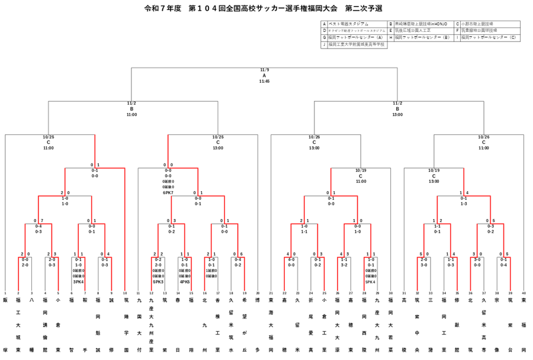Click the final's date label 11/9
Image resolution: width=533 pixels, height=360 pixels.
pyautogui.click(x=264, y=70)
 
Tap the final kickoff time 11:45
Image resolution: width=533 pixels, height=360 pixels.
pyautogui.click(x=264, y=81)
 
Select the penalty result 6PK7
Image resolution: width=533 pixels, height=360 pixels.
pyautogui.click(x=168, y=192)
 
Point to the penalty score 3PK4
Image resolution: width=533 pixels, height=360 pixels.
pyautogui.click(x=78, y=281)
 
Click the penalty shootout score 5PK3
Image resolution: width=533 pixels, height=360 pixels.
pyautogui.click(x=158, y=281)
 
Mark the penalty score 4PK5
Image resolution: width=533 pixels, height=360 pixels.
pyautogui.click(x=185, y=281)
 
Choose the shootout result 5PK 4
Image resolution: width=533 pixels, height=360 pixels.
pyautogui.click(x=371, y=281)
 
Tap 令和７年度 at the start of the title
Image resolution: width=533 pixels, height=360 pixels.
pyautogui.click(x=162, y=8)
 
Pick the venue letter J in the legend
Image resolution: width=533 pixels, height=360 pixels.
pyautogui.click(x=325, y=44)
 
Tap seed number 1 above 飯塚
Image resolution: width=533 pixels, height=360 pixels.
pyautogui.click(x=5, y=293)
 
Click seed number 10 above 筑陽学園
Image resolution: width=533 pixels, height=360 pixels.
pyautogui.click(x=124, y=293)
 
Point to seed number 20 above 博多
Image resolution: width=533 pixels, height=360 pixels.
pyautogui.click(x=258, y=293)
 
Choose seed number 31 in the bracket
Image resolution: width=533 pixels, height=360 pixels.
pyautogui.click(x=404, y=293)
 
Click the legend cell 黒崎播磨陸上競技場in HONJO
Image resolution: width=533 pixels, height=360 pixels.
pyautogui.click(x=421, y=24)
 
